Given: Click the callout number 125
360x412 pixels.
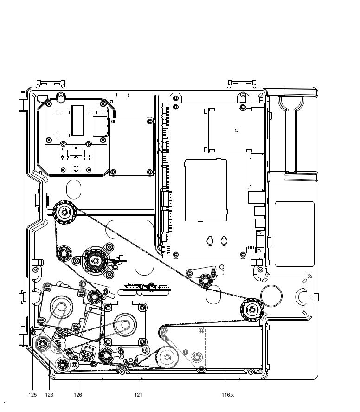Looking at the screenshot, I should coord(32,395).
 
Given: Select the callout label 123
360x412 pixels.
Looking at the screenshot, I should coord(49,395).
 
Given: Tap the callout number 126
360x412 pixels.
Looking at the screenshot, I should coord(78,395).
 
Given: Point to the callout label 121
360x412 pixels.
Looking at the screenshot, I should coord(138,395).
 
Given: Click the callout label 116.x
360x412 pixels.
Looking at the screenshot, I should coord(228,395).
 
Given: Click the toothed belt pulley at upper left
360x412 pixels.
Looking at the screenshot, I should coord(64,212).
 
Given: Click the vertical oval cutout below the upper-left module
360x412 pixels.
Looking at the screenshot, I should coord(74,189).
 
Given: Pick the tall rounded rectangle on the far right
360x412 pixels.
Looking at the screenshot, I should coord(294,234).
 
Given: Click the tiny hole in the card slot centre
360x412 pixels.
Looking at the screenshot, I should coord(237,130).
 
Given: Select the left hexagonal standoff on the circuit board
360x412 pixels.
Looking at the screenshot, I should coord(209,240).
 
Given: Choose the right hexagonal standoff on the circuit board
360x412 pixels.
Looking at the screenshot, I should coord(224,240).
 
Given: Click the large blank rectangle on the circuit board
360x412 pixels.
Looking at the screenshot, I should coord(206,190).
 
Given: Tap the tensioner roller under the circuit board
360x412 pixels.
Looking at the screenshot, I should coord(205,281).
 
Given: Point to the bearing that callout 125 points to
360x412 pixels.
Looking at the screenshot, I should coord(42,344).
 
